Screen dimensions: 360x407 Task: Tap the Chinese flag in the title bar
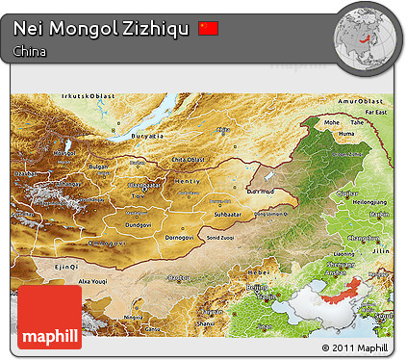[x=209, y=28]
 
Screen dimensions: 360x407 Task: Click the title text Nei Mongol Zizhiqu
[x=101, y=29]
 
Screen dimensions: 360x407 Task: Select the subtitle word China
[x=31, y=51]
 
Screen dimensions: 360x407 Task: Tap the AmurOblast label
[x=367, y=100]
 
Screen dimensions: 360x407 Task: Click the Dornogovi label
[x=182, y=236]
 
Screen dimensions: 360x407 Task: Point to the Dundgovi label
[x=139, y=224]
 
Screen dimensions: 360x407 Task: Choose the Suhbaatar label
[x=227, y=214]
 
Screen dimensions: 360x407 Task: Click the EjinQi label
[x=65, y=265]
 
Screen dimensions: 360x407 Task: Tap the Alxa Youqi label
[x=93, y=279]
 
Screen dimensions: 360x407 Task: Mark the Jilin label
[x=381, y=246]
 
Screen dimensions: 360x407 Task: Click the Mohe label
[x=332, y=123]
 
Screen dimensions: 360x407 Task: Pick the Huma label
[x=348, y=145]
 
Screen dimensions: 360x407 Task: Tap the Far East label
[x=382, y=113]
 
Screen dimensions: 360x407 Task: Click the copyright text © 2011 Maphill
[x=355, y=347]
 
